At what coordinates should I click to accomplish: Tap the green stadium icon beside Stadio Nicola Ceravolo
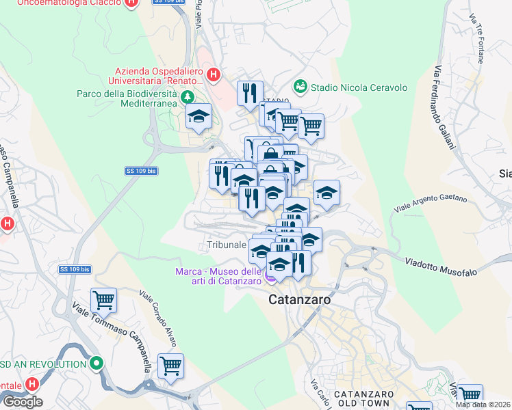[300, 87]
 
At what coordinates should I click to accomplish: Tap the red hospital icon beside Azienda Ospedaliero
[214, 74]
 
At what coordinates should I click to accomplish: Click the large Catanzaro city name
[300, 299]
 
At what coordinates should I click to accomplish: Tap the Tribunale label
[226, 245]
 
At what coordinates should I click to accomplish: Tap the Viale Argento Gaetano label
[431, 203]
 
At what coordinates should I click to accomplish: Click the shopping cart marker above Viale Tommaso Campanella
[103, 299]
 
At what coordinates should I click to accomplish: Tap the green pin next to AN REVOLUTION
[97, 364]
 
